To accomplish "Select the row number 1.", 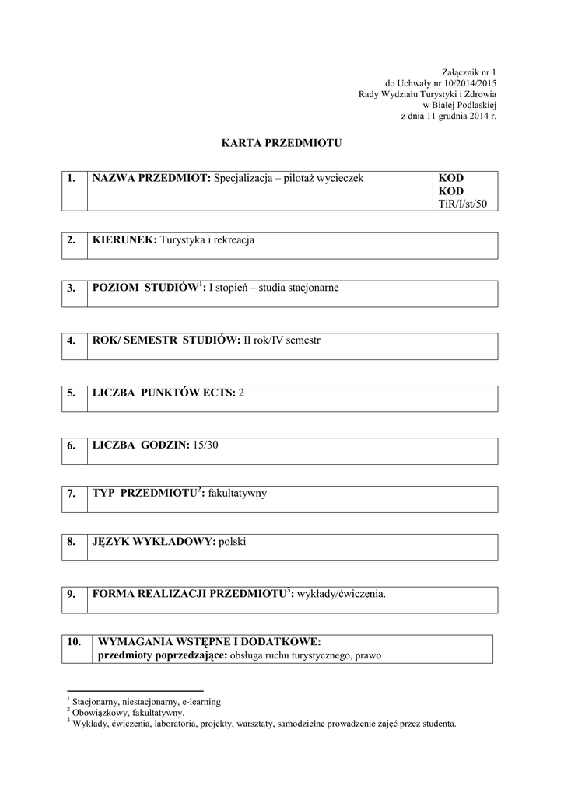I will click(x=71, y=178).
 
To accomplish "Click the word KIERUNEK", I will click(x=124, y=240).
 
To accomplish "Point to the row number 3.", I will click(x=71, y=288).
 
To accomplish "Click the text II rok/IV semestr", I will click(x=282, y=340).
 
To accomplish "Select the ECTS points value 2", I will click(x=241, y=393).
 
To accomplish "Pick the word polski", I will click(x=233, y=541).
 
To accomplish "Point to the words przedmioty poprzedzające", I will click(x=159, y=655).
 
